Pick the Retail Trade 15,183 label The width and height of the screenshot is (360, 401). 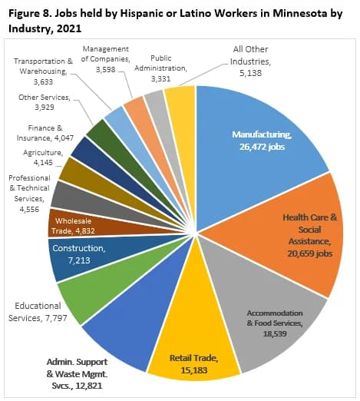point(193,363)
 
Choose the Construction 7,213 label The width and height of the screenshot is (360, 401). point(78,254)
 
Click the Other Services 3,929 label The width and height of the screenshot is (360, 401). point(48,102)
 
